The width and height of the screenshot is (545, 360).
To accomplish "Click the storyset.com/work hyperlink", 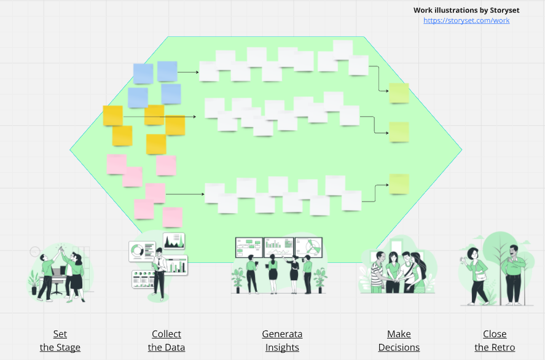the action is coord(466,20).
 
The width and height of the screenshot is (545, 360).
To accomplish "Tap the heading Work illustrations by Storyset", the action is coord(466,10).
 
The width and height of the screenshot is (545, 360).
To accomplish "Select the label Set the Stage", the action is coord(60,340).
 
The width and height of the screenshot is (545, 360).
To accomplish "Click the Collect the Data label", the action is coord(167,340).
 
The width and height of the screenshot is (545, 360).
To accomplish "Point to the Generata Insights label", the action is coord(282,340).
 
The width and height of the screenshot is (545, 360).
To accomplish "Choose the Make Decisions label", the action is coord(399,340).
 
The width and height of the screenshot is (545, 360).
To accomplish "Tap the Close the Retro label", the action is coord(495,340).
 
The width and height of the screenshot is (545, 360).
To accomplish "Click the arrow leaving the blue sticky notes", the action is coord(188,72).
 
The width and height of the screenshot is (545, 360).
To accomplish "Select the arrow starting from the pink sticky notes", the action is coord(185,194).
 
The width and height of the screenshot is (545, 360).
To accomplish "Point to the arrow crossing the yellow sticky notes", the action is coord(160,117).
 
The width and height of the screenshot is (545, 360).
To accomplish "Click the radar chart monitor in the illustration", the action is coord(308,248).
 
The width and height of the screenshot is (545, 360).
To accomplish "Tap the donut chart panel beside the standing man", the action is coord(142,251).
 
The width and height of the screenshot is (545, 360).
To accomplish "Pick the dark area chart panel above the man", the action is coord(174,241).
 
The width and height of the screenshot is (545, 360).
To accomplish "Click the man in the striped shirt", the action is coord(378,272).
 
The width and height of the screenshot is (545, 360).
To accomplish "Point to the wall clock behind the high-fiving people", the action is coord(35,251).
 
